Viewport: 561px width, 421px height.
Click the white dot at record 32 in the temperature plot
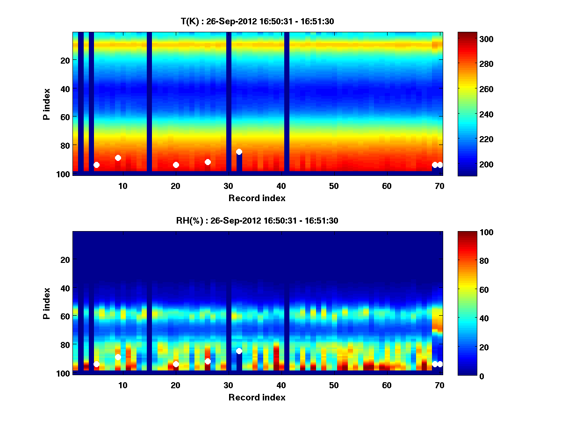click(239, 152)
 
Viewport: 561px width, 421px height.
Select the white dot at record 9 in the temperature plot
click(118, 158)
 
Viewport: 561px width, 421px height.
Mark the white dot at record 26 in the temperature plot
click(208, 162)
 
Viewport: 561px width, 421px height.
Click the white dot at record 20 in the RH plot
click(176, 364)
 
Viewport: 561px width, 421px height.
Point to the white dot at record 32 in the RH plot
click(239, 351)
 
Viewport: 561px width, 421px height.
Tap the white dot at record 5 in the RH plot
click(96, 364)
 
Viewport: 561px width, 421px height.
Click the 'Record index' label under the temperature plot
click(257, 198)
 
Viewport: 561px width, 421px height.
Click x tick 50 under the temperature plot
click(334, 186)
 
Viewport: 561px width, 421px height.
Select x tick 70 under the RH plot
click(439, 385)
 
